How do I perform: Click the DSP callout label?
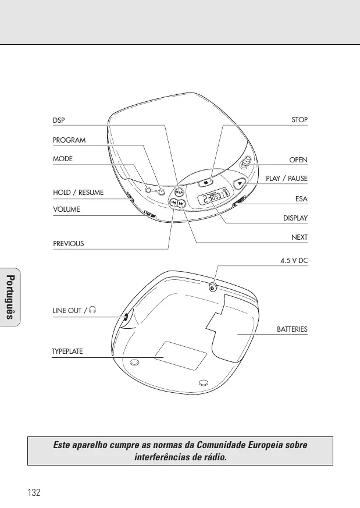[x=59, y=120]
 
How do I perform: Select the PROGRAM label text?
[x=69, y=140]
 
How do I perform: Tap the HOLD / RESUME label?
[x=79, y=193]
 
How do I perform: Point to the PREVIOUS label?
[x=68, y=244]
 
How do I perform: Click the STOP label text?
[x=300, y=120]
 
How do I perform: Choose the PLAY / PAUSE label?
[x=287, y=179]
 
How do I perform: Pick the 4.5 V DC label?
[x=294, y=261]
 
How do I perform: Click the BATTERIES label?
[x=292, y=329]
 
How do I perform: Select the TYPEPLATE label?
[x=67, y=351]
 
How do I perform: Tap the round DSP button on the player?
[x=179, y=192]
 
